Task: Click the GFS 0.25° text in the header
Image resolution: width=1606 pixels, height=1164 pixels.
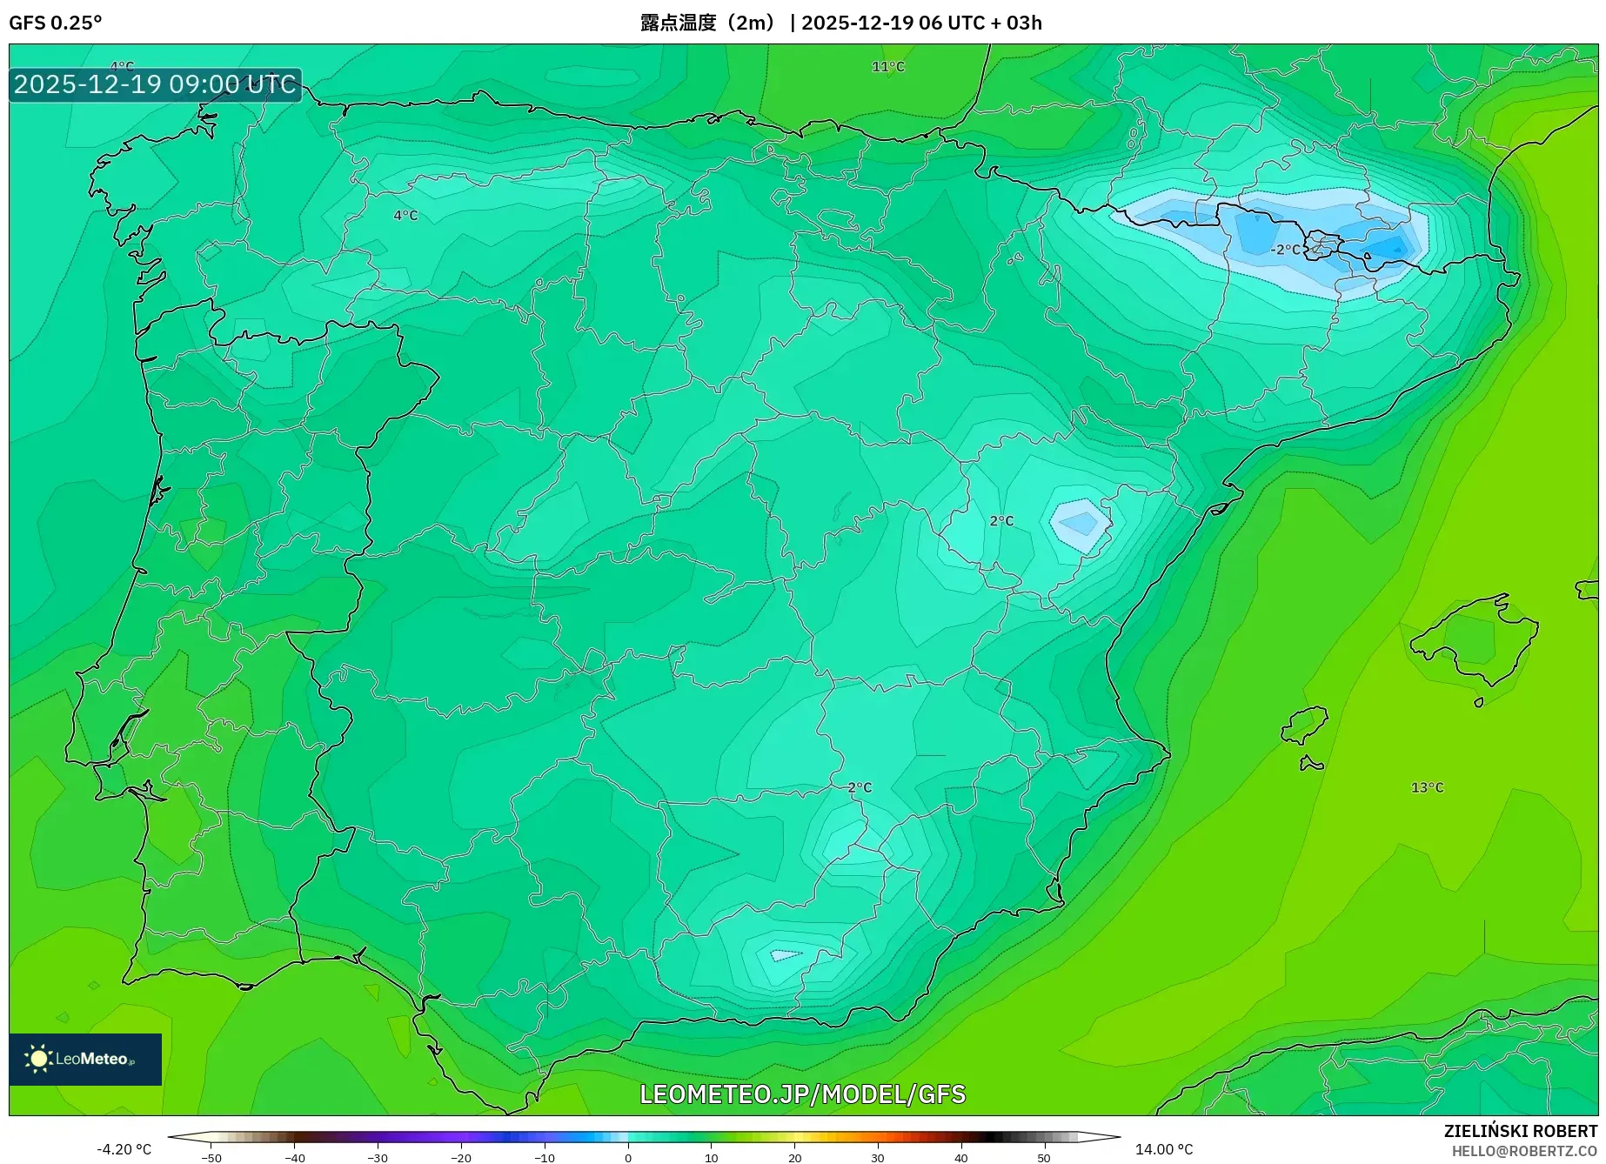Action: pos(55,23)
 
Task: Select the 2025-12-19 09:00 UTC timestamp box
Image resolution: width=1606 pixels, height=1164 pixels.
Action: pos(156,84)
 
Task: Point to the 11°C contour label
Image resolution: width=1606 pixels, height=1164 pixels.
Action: pos(888,67)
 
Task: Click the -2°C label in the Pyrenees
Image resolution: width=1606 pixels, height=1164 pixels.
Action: pos(1285,250)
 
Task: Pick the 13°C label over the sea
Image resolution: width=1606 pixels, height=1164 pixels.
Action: pos(1427,787)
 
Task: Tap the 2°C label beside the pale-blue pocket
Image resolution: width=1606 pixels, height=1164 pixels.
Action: pos(1001,521)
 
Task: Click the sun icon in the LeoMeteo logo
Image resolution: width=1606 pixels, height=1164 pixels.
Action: pos(38,1059)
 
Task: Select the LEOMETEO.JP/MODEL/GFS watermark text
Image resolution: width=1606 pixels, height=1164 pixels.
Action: pos(802,1094)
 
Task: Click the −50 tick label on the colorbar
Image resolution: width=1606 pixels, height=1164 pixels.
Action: pos(211,1158)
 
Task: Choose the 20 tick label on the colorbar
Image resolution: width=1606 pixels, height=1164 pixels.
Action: pos(794,1158)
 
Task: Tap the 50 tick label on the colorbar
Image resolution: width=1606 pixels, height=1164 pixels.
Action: pos(1044,1158)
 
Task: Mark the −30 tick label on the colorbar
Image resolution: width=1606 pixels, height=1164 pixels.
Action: pos(378,1158)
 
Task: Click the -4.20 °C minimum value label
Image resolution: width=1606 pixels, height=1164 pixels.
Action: pos(124,1149)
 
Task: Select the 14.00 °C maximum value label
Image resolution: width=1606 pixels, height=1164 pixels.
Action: pos(1164,1149)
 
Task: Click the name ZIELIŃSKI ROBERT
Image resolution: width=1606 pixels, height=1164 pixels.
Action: pos(1521,1131)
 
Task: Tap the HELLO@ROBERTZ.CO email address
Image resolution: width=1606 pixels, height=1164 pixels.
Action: pos(1524,1151)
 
